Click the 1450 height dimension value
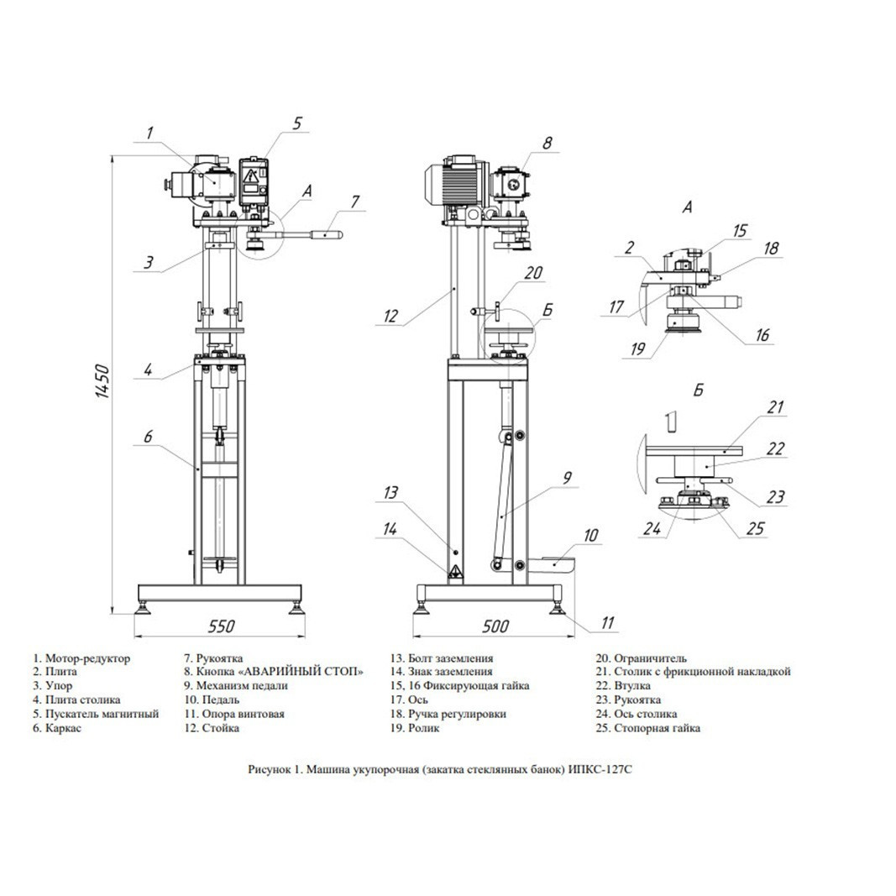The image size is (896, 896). (102, 381)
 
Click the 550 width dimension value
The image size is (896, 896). (221, 626)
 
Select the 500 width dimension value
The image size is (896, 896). (495, 626)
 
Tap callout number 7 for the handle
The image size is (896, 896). (355, 202)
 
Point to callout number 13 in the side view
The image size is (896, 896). (391, 492)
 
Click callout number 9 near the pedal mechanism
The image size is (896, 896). (567, 478)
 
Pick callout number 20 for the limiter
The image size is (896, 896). (533, 273)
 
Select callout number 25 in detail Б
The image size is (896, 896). (756, 528)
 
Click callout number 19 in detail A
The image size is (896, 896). (638, 348)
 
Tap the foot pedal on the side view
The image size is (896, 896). (552, 563)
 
